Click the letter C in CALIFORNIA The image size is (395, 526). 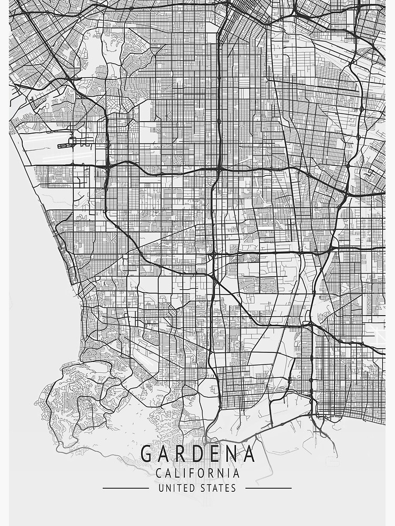[x=159, y=473]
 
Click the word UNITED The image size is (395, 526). [x=176, y=488]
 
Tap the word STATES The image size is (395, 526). [x=218, y=488]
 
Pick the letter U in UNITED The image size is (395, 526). [x=161, y=488]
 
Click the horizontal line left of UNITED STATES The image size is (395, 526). [x=125, y=488]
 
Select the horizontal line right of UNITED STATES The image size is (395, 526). [x=269, y=488]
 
